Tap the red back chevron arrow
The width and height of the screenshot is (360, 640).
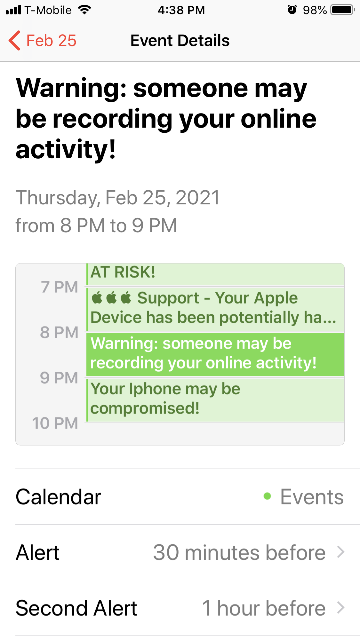pos(14,41)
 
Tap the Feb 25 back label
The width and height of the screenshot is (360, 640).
pos(51,41)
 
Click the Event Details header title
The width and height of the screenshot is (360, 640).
pos(180,41)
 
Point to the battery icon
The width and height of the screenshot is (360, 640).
pos(343,10)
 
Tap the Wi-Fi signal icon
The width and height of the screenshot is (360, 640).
pos(84,10)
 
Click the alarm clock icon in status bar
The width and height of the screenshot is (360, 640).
pos(292,10)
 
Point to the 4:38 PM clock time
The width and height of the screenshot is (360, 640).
pos(181,10)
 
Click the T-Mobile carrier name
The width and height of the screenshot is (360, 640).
pos(48,10)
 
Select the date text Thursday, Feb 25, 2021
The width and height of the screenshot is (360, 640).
pos(118,197)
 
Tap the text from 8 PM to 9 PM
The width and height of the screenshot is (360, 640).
pos(96,225)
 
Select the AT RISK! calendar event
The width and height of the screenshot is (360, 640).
pos(215,274)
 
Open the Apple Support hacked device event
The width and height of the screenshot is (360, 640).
pos(215,309)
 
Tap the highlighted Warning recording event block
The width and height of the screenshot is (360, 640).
pos(215,354)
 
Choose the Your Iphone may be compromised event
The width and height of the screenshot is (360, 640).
pos(215,400)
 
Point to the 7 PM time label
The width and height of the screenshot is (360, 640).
pos(60,287)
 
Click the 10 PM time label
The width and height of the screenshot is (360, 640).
pos(55,423)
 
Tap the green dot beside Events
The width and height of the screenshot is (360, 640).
pos(267,496)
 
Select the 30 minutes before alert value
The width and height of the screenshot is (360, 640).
pos(239,552)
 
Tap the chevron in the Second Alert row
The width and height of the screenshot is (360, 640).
pos(341,608)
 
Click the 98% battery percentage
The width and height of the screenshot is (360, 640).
pos(315,10)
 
